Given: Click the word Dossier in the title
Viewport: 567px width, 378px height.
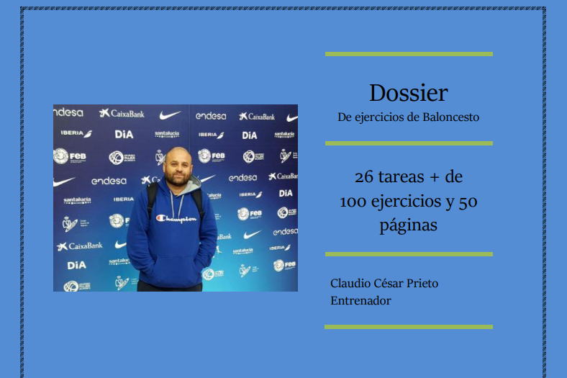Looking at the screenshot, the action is point(408,93).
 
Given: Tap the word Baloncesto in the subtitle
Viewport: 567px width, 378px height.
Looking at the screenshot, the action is point(450,117).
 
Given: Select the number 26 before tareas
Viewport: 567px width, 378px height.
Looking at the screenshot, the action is point(364,177).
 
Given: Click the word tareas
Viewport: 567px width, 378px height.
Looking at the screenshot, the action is point(401,177).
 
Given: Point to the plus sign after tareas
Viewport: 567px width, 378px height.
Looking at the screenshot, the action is point(435,178).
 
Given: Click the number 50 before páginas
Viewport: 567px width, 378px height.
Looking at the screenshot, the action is point(468,202).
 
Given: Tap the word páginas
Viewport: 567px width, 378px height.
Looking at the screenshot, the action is point(408,225).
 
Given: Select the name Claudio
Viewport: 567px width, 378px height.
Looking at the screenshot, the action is point(350,283).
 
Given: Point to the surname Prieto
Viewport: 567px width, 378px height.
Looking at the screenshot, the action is point(422,283).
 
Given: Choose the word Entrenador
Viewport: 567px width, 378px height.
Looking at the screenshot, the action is point(360,300).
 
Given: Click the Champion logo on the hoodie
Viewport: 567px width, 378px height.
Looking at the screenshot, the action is point(176,218).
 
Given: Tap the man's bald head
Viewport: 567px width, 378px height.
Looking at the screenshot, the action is point(177,155).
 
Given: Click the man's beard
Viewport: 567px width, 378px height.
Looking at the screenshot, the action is point(178,179).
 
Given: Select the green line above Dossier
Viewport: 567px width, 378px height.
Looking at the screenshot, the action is point(409,54).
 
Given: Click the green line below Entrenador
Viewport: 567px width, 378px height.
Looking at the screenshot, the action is point(409,327).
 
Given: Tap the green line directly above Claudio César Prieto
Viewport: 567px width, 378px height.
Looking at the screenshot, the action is point(409,254).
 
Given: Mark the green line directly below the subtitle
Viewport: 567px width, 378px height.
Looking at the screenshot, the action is point(409,143).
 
